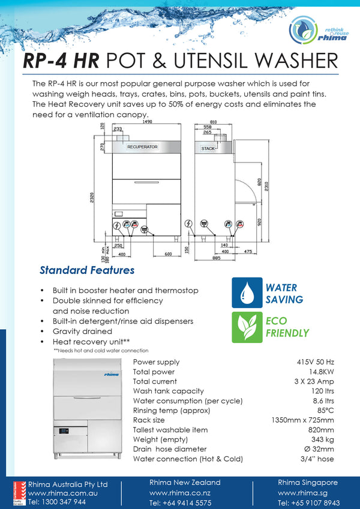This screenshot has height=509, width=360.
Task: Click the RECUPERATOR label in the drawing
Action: (142, 147)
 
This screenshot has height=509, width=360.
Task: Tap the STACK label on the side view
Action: (208, 148)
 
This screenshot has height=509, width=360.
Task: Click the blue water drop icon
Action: (247, 293)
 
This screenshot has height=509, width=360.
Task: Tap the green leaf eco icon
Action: (247, 327)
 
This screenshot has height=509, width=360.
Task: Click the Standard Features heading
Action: (87, 270)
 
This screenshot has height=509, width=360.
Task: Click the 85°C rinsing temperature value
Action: (324, 411)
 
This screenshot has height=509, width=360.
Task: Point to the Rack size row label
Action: (150, 420)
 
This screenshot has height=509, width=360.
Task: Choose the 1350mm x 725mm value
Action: (303, 420)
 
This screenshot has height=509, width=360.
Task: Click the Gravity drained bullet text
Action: (82, 331)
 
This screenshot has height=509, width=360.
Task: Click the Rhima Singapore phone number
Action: (308, 503)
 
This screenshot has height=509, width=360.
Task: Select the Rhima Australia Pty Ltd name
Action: (68, 484)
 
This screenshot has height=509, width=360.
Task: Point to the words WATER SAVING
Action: (284, 294)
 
